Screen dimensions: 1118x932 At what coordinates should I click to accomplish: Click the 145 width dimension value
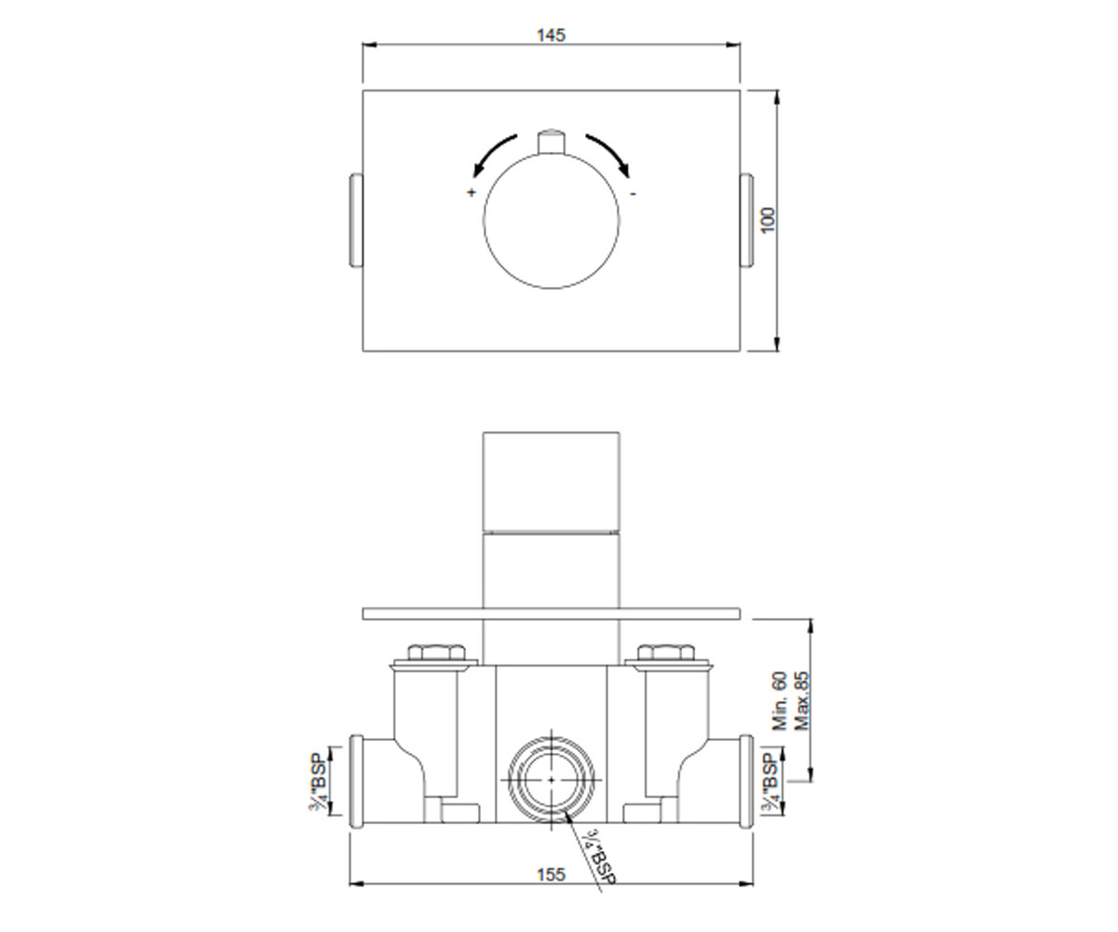551,35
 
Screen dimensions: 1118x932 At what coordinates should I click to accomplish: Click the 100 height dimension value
768,220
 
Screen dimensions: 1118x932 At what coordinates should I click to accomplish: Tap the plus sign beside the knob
471,192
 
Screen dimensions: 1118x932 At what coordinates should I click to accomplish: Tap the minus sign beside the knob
633,193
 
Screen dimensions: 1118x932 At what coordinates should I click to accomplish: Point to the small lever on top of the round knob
552,142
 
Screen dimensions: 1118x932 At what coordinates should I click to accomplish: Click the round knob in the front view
552,221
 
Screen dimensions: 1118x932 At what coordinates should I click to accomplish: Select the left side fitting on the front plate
356,220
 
